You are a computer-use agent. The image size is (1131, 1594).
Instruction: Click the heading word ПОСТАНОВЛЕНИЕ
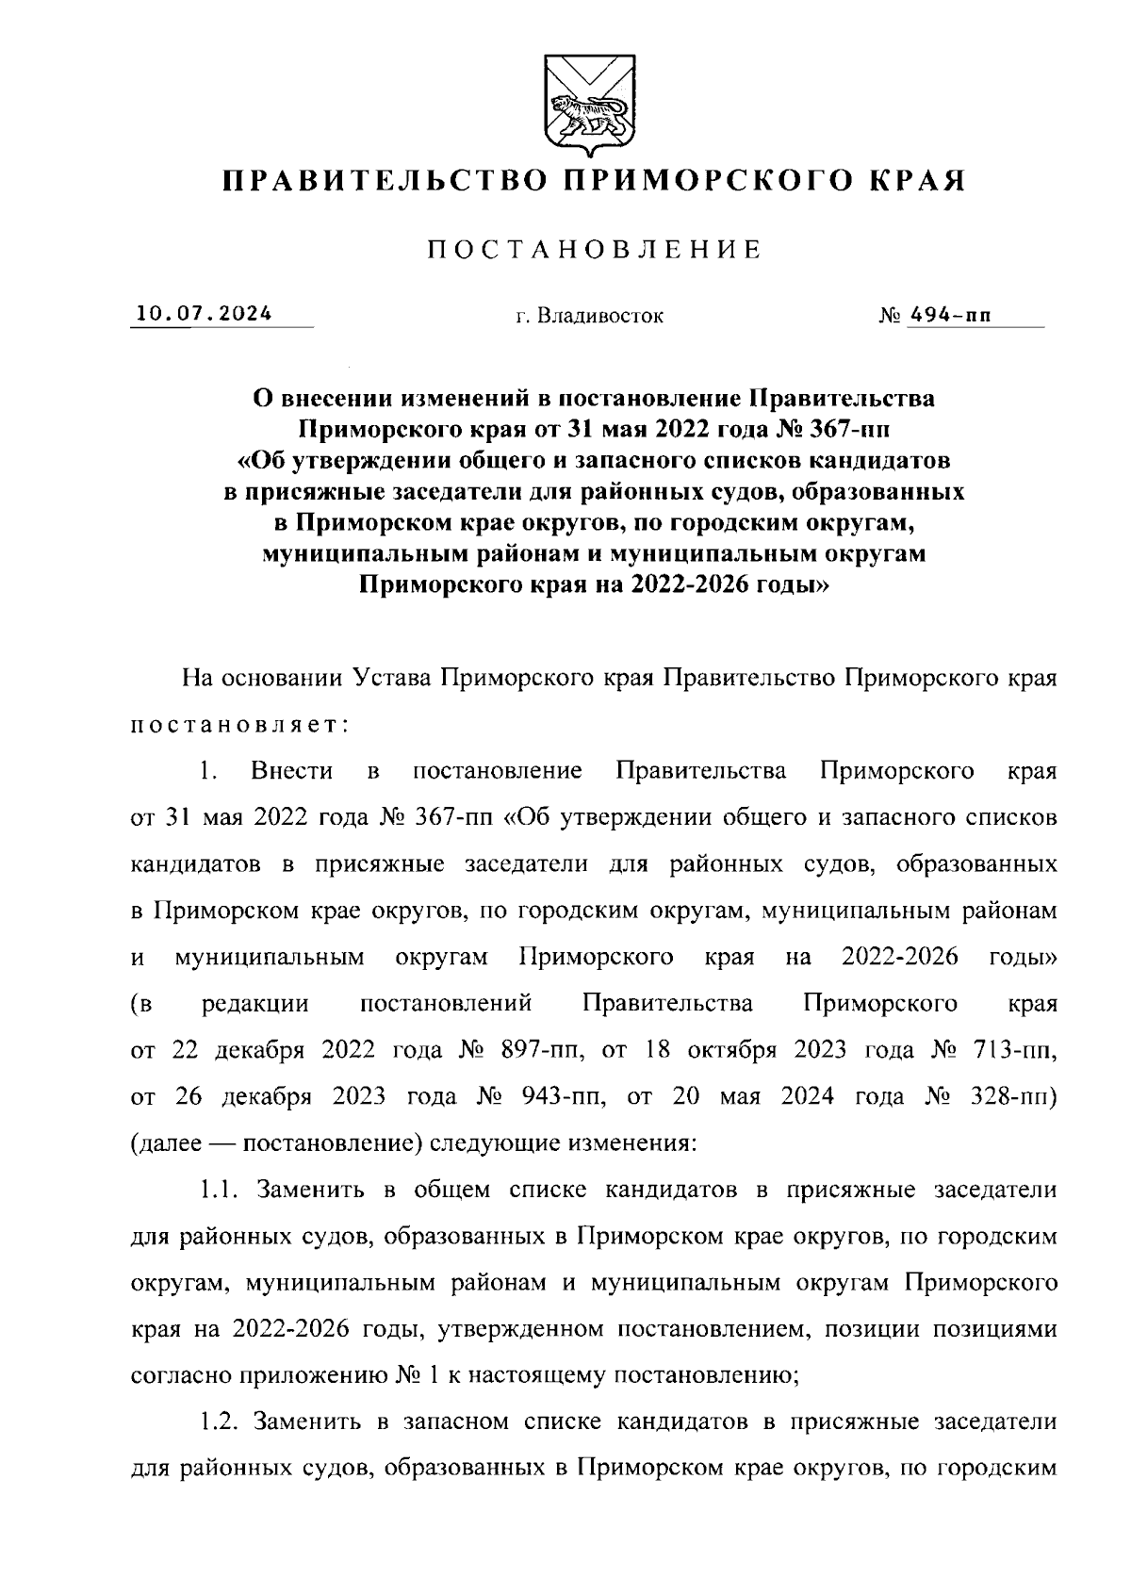point(594,250)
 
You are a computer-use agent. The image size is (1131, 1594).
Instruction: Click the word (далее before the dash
point(167,1143)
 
